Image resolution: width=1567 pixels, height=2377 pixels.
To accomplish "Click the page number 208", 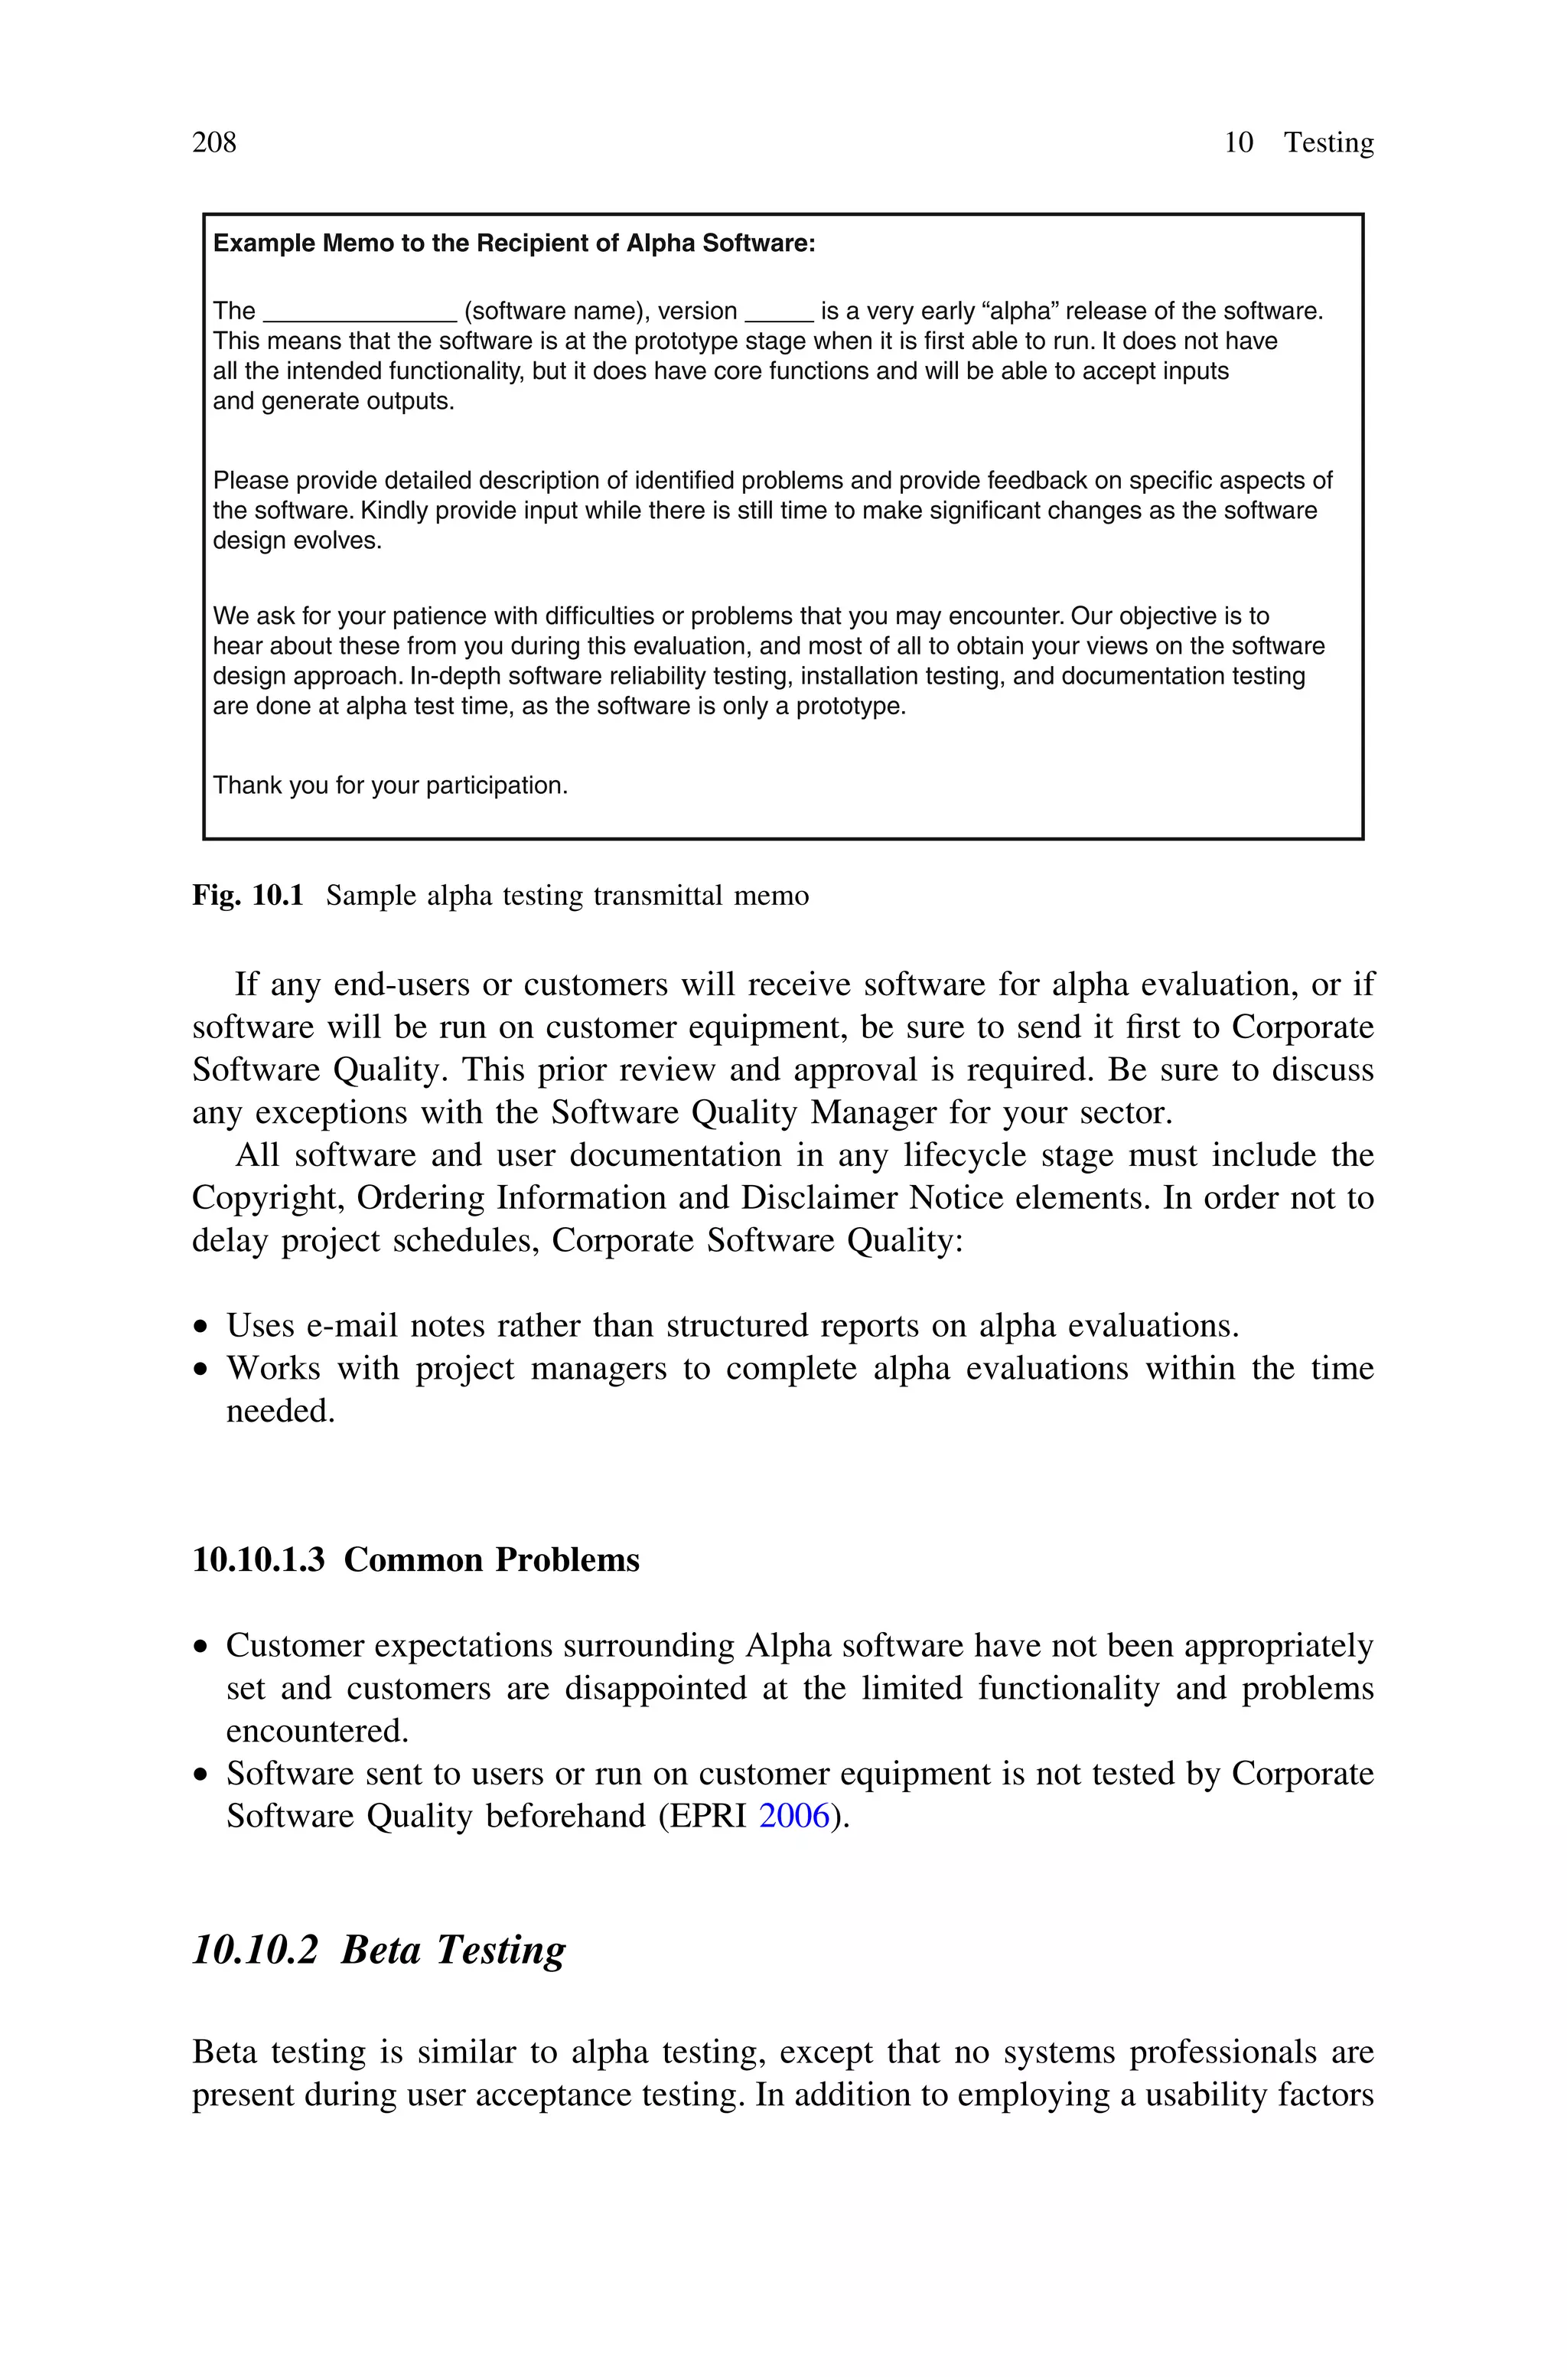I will pyautogui.click(x=214, y=143).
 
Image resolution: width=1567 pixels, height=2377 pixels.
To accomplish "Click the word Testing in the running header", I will pyautogui.click(x=1328, y=143).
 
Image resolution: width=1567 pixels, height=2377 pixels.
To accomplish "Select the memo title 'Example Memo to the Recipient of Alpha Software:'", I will pyautogui.click(x=515, y=244).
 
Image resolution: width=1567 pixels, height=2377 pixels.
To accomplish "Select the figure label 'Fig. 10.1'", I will pyautogui.click(x=247, y=896).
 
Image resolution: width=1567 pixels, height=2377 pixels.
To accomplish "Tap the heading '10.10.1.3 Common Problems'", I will pyautogui.click(x=415, y=1560).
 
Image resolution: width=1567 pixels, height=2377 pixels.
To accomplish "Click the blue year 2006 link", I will pyautogui.click(x=794, y=1816).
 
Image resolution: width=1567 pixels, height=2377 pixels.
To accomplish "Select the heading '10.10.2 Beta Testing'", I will pyautogui.click(x=379, y=1950).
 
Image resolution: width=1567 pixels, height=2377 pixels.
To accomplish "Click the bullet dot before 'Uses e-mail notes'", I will pyautogui.click(x=203, y=1328).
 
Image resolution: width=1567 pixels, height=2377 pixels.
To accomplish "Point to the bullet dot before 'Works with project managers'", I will pyautogui.click(x=203, y=1370).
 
